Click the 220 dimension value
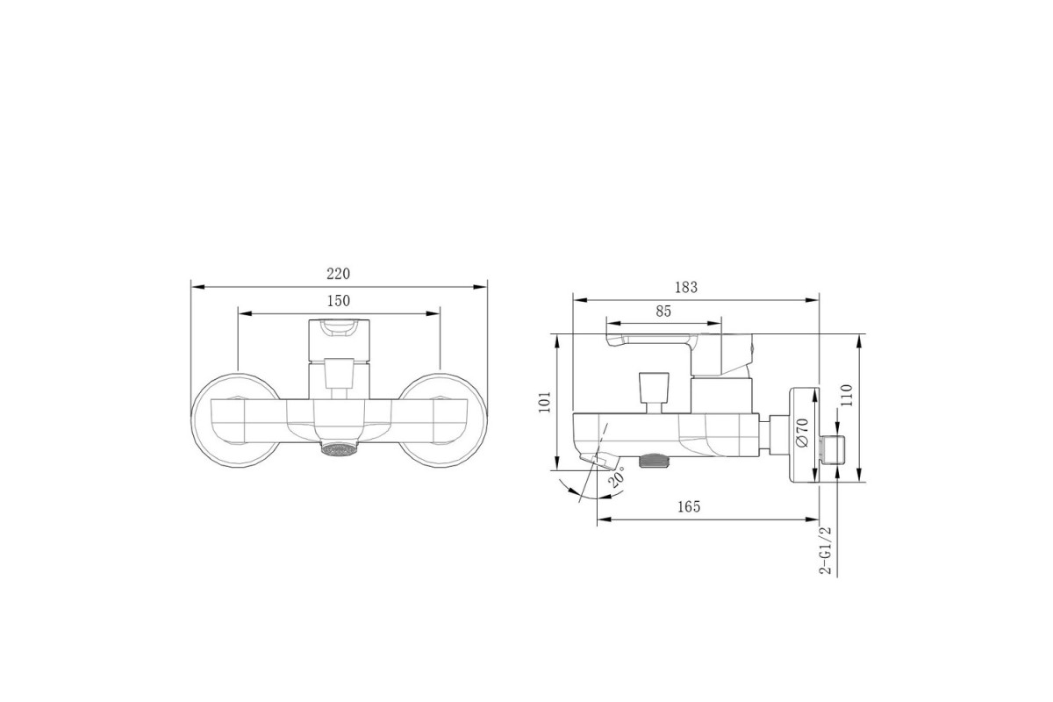pos(339,274)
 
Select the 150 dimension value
pos(339,300)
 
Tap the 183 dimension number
pos(686,287)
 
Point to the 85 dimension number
pos(663,312)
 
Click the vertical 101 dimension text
pos(544,402)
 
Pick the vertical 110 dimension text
pos(846,396)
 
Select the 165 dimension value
pos(689,506)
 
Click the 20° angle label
pos(616,476)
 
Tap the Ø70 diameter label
pos(802,432)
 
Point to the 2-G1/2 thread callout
pos(826,550)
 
